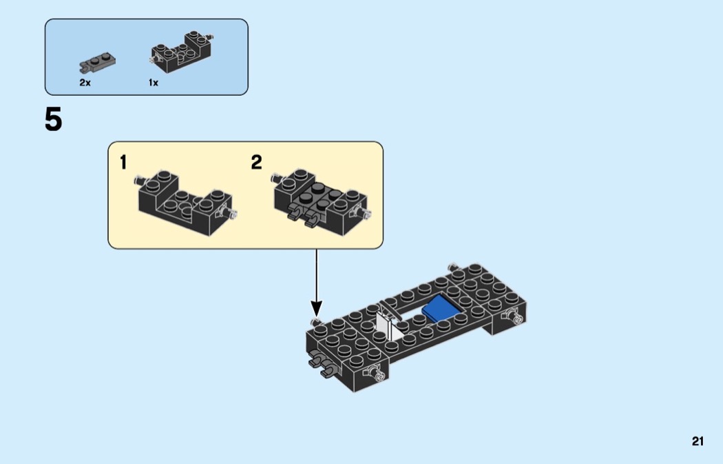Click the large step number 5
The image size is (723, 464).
[54, 121]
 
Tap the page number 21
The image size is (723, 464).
[698, 442]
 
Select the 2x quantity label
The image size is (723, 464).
[85, 83]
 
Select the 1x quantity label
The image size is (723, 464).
[153, 83]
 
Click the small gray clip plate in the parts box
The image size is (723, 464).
[97, 63]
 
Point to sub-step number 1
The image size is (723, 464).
[123, 163]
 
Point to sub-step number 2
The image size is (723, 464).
[256, 163]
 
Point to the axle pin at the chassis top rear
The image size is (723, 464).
[454, 265]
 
